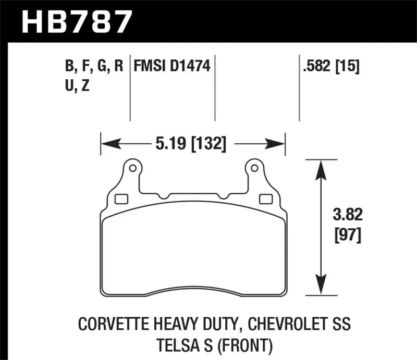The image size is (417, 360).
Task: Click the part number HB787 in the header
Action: [77, 21]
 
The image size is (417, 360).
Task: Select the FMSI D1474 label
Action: [172, 66]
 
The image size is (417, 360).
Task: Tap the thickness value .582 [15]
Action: [331, 66]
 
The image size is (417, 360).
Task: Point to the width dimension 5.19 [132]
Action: [191, 144]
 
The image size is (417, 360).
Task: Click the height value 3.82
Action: [348, 214]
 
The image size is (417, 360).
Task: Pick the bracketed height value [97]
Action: [348, 235]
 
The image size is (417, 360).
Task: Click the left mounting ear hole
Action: [132, 168]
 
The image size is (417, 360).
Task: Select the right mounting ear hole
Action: [254, 168]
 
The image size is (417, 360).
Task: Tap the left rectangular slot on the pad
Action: [121, 199]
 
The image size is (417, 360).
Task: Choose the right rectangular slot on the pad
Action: [266, 199]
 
